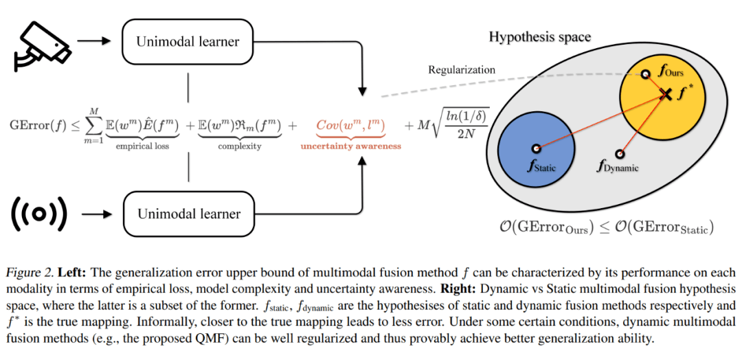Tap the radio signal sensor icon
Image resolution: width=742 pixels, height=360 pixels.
coord(40,213)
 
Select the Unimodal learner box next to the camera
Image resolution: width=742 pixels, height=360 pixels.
coord(189,41)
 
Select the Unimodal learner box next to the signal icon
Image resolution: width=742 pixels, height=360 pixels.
coord(189,214)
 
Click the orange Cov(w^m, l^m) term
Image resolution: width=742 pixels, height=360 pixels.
coord(350,125)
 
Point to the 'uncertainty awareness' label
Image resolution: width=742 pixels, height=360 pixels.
coord(350,146)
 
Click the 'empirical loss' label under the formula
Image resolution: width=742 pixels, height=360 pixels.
coord(143,145)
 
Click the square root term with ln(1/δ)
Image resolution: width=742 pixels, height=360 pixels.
coord(460,126)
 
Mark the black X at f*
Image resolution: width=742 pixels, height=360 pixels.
coord(664,94)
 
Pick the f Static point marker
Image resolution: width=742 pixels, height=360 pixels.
coord(535,148)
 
